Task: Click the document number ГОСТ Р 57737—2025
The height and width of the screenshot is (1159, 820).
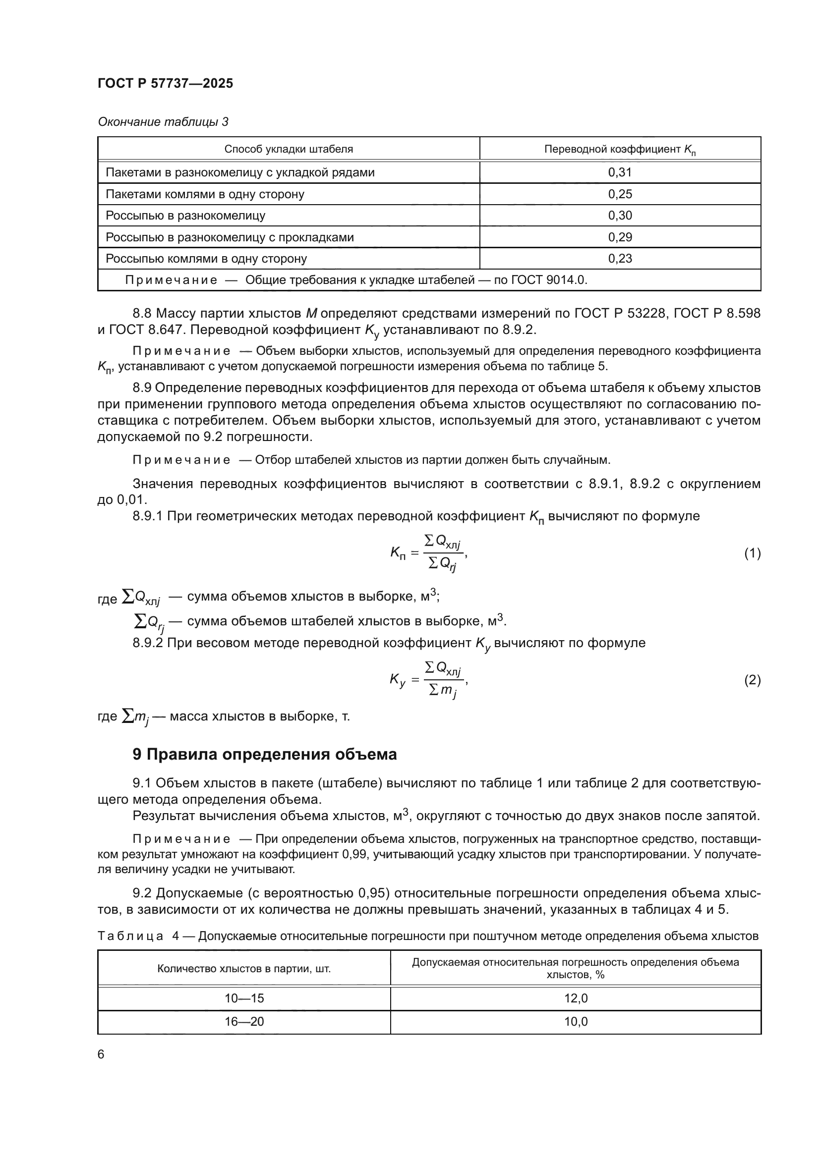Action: coord(165,83)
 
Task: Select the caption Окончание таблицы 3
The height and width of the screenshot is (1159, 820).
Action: coord(163,122)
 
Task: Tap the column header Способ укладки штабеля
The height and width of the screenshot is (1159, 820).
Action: coord(289,149)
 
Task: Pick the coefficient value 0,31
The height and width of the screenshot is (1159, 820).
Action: coord(620,172)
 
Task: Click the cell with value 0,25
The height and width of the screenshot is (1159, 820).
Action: coord(620,194)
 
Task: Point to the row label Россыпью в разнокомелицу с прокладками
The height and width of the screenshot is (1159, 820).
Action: coord(229,237)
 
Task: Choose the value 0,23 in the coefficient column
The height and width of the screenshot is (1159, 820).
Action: coord(620,259)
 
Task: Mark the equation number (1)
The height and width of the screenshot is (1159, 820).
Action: coord(752,553)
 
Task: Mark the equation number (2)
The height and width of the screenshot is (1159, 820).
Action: coord(752,680)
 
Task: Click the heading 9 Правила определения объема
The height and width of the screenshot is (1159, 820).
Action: coord(265,754)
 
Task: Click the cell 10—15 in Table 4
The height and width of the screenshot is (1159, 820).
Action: coord(244,998)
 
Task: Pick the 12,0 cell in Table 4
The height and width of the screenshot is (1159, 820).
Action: coord(576,998)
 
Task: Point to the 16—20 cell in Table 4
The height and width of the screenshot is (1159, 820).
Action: coord(244,1022)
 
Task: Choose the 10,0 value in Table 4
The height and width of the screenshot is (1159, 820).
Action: coord(576,1022)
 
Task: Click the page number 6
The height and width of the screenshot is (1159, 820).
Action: coord(101,1054)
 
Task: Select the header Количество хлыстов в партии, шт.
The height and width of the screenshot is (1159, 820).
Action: coord(244,969)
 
